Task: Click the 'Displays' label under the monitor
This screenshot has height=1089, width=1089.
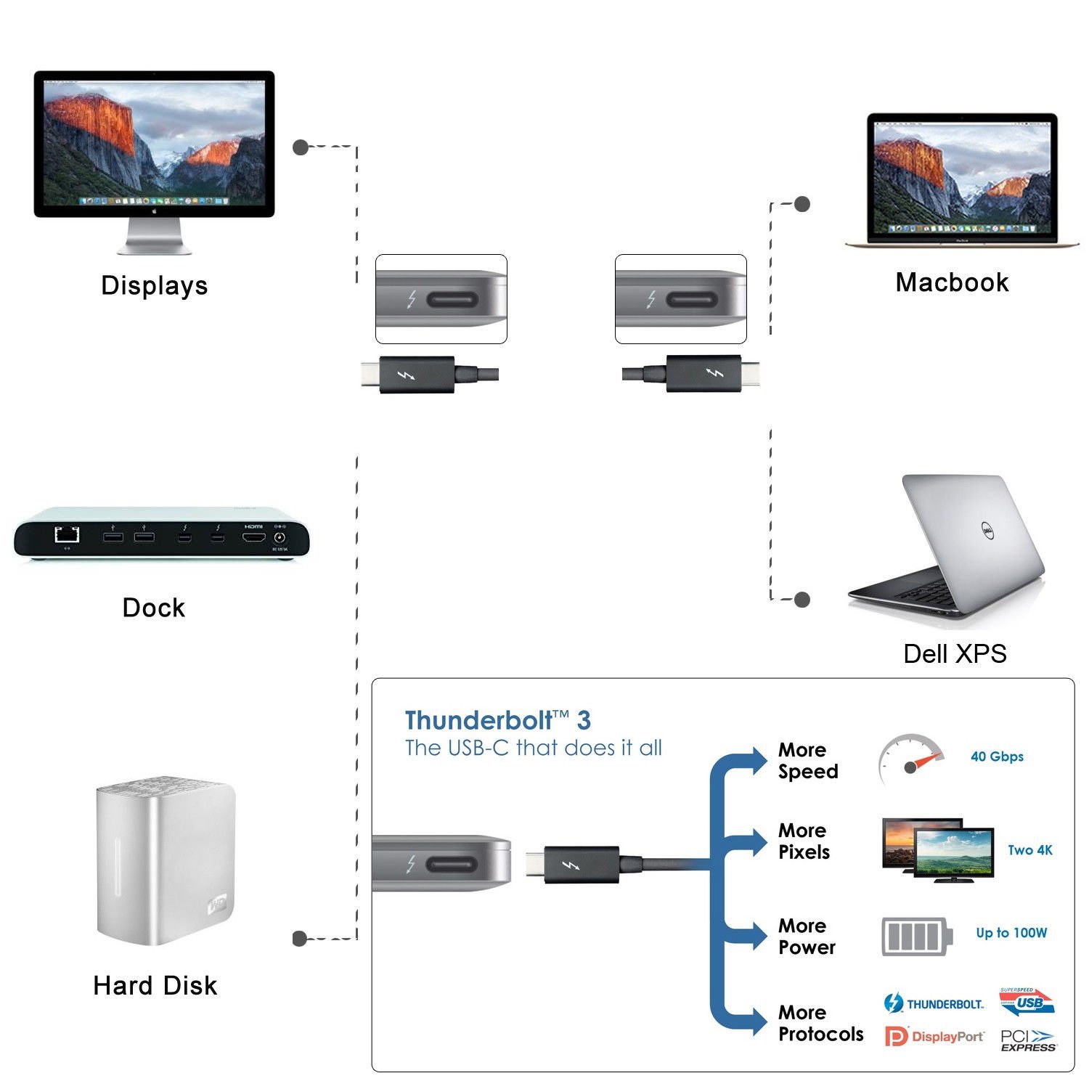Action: coord(155,285)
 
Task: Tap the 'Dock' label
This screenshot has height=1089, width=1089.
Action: coord(153,608)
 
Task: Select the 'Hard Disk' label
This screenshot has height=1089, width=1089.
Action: coord(155,985)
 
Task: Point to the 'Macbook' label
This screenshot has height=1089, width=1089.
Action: coord(952,282)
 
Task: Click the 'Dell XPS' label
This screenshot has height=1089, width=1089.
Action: coord(955,653)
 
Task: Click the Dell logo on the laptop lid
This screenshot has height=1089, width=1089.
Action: coord(987,531)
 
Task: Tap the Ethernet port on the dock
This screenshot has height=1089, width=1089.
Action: coord(67,535)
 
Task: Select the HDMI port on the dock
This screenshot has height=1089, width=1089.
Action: coord(253,538)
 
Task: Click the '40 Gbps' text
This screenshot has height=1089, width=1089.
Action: coord(997,756)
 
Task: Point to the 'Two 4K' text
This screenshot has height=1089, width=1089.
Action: coord(1029,850)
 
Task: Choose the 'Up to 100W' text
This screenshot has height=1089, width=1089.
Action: coord(1011,933)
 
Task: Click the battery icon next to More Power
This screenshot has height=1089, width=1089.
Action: coord(916,937)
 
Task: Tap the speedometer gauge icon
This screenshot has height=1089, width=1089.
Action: coord(910,760)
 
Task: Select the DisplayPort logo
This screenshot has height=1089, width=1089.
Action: coord(934,1037)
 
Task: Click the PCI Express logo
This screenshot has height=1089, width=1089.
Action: coord(1028,1040)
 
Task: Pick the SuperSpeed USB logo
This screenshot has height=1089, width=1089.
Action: coord(1027,1002)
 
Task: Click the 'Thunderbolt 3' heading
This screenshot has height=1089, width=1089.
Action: coord(497,720)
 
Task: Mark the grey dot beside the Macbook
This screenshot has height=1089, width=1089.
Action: coord(802,204)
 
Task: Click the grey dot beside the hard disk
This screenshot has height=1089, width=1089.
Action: coord(299,939)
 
